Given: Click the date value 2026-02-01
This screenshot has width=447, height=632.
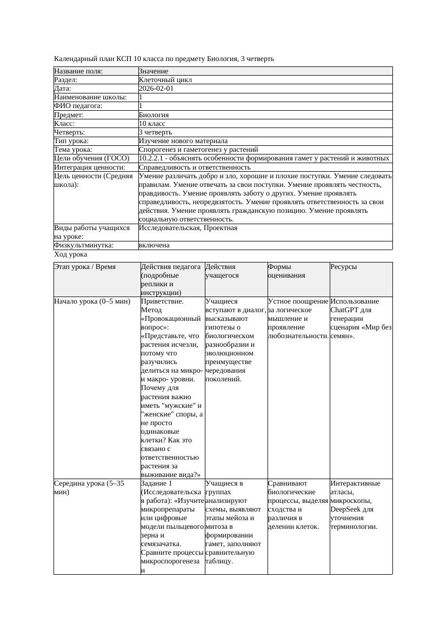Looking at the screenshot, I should click(x=156, y=89).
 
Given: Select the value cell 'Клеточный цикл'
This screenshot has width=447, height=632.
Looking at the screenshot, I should click(x=165, y=80).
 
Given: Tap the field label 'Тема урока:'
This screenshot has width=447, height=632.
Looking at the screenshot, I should click(x=73, y=150).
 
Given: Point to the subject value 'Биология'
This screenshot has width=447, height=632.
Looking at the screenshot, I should click(x=154, y=115).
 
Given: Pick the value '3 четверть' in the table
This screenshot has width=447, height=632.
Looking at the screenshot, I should click(x=155, y=132).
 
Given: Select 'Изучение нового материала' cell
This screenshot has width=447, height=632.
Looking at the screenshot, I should click(x=183, y=141).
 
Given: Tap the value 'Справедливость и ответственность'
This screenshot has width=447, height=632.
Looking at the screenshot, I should click(x=194, y=167).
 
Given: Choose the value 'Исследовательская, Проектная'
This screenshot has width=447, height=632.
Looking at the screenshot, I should click(x=188, y=228).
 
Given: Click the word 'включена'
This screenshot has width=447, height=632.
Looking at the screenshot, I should click(x=154, y=245).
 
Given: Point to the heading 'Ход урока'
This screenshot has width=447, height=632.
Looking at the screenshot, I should click(x=70, y=254).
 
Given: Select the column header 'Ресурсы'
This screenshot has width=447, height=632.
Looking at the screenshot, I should click(x=343, y=267).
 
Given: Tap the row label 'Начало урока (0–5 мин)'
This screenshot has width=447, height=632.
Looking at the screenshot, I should click(x=92, y=301).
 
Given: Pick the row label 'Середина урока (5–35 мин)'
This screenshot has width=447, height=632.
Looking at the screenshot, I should click(x=89, y=488).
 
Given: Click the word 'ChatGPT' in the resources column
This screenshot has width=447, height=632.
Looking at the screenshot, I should click(x=344, y=310).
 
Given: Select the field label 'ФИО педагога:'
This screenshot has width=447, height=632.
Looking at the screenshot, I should click(x=78, y=106).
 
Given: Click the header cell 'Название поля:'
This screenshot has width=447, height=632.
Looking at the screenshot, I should click(x=78, y=71).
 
